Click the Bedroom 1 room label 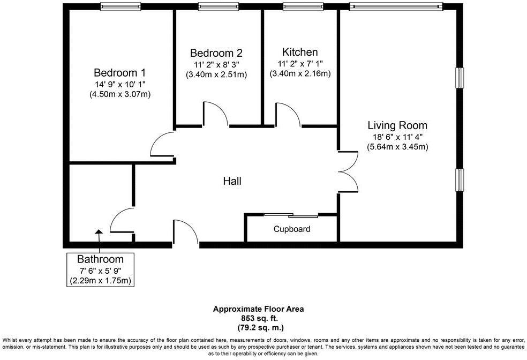click(x=119, y=72)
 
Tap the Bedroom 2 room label click(x=216, y=53)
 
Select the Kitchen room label click(x=300, y=52)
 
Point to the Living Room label click(x=397, y=125)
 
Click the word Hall click(x=232, y=181)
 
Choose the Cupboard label click(x=292, y=229)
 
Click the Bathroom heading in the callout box click(x=100, y=259)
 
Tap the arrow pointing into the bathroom click(x=99, y=236)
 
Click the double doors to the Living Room click(x=349, y=171)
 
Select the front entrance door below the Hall click(x=185, y=232)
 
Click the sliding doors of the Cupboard click(x=291, y=216)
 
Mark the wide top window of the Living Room click(x=396, y=6)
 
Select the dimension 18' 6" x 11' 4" click(x=397, y=137)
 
